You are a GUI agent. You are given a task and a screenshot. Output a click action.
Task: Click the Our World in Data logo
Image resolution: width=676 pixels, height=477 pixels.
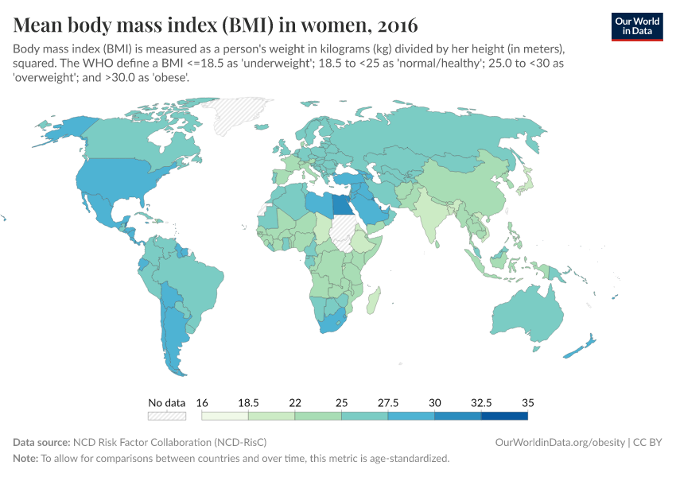[636, 26]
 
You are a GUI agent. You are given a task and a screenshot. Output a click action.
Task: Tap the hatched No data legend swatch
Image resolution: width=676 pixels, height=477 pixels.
[166, 415]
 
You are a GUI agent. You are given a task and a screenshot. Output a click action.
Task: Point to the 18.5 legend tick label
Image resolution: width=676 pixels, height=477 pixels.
[248, 402]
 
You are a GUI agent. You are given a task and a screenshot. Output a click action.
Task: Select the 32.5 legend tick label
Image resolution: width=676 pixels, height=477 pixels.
[481, 402]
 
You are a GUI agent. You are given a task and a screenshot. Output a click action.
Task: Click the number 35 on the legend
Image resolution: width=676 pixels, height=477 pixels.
[527, 402]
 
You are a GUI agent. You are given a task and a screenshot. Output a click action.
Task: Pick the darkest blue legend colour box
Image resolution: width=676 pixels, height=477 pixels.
[504, 415]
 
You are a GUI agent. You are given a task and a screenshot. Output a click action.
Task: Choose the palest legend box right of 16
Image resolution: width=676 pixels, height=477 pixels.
[225, 415]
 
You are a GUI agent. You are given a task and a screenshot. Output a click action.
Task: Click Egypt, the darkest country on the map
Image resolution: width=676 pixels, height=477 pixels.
[341, 204]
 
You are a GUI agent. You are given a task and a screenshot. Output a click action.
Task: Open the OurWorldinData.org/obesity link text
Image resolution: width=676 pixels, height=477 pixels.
[560, 442]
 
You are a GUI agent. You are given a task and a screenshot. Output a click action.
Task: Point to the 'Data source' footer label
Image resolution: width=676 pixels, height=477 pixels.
[41, 442]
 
